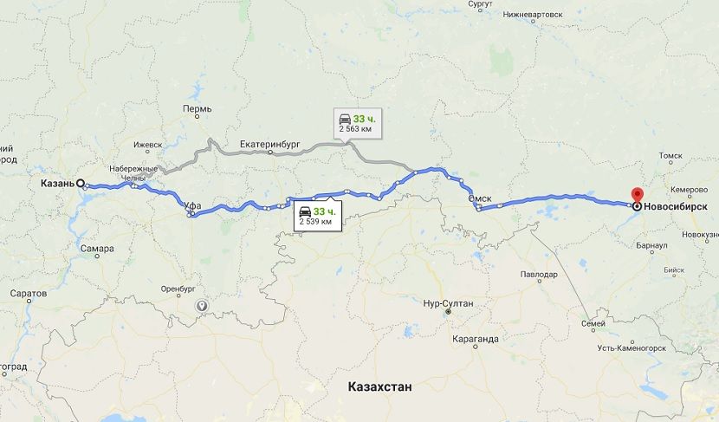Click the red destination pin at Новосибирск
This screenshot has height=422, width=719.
(x=638, y=197)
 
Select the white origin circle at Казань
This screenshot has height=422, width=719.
(x=81, y=184)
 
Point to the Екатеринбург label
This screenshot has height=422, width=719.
(x=269, y=145)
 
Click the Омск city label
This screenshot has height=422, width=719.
(x=480, y=198)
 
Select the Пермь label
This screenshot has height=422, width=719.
(x=197, y=109)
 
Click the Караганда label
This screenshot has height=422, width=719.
(x=476, y=339)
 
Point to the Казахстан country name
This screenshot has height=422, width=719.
(x=379, y=386)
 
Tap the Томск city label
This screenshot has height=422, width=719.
(x=672, y=156)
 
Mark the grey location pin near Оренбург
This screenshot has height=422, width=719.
(x=202, y=305)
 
